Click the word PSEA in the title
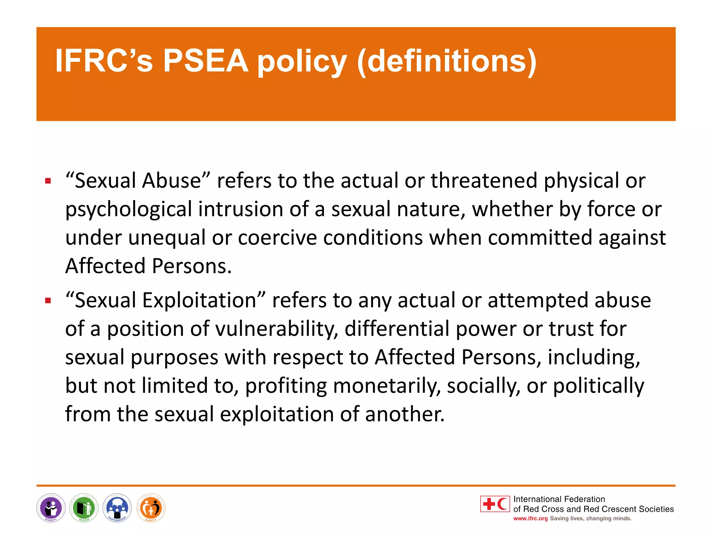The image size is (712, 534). pyautogui.click(x=205, y=61)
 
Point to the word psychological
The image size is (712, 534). pyautogui.click(x=129, y=210)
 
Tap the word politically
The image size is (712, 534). pyautogui.click(x=598, y=386)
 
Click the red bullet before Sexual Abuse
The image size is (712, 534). pyautogui.click(x=48, y=181)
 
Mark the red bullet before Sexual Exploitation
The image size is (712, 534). pyautogui.click(x=48, y=300)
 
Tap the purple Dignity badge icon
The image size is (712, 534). pyautogui.click(x=51, y=508)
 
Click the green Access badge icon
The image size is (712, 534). pyautogui.click(x=84, y=508)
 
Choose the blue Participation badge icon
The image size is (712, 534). pyautogui.click(x=117, y=508)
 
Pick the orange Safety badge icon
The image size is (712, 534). pyautogui.click(x=151, y=508)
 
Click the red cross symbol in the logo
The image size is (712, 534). pyautogui.click(x=489, y=504)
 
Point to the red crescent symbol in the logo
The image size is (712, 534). pyautogui.click(x=502, y=504)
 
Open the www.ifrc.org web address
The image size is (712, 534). pyautogui.click(x=530, y=519)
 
